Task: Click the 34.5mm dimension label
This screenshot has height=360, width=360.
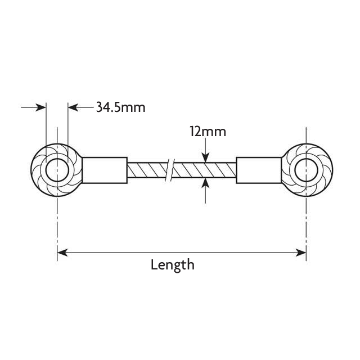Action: (120, 107)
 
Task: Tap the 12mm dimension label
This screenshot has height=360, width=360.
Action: (208, 132)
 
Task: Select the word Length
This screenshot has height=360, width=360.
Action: (172, 264)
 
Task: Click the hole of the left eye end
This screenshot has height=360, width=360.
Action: (57, 170)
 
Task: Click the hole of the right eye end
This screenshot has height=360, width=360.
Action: (306, 170)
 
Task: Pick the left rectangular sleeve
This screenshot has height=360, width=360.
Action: (105, 170)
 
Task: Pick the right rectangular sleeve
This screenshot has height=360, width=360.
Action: (259, 170)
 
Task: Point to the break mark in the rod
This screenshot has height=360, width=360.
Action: (169, 170)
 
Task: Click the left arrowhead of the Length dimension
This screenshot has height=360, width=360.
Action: (62, 253)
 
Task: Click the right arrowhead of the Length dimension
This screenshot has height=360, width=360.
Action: (301, 253)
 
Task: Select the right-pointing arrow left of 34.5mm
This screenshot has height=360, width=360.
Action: (40, 107)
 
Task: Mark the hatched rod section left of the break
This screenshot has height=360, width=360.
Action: (146, 170)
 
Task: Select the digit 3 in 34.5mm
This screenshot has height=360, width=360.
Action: (99, 107)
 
